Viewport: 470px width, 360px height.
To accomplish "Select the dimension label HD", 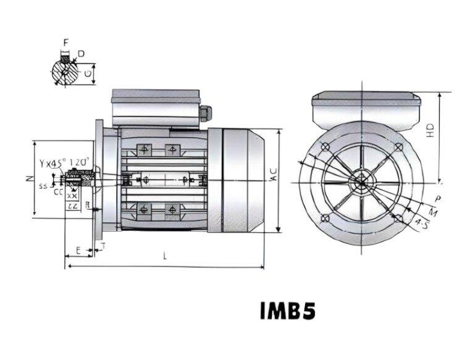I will [430, 130].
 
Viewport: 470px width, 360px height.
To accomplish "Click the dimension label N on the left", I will [28, 179].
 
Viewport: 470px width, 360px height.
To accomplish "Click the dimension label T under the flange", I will [103, 246].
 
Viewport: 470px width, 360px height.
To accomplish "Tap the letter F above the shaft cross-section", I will [65, 42].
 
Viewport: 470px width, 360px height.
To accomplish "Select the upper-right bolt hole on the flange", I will [398, 147].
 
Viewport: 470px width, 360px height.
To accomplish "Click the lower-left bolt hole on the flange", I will [325, 217].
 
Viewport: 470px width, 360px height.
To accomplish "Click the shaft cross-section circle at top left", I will [64, 73].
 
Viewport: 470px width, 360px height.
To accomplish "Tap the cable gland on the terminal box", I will [206, 113].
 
